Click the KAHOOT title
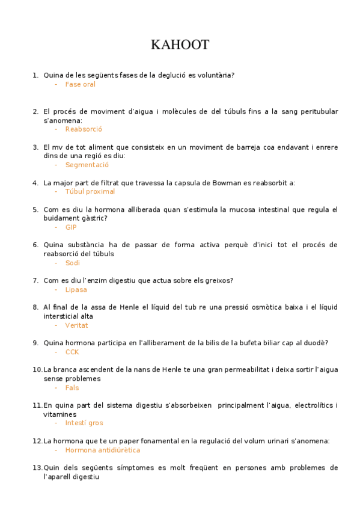180,45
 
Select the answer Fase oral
80,84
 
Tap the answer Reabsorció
84,129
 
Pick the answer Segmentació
87,165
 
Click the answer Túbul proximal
90,191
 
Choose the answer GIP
71,227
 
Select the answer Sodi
73,263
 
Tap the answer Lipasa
76,289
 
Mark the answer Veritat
76,325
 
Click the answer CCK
72,352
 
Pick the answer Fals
72,388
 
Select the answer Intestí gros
84,423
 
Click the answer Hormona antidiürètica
102,450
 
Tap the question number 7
35,281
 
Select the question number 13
37,468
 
